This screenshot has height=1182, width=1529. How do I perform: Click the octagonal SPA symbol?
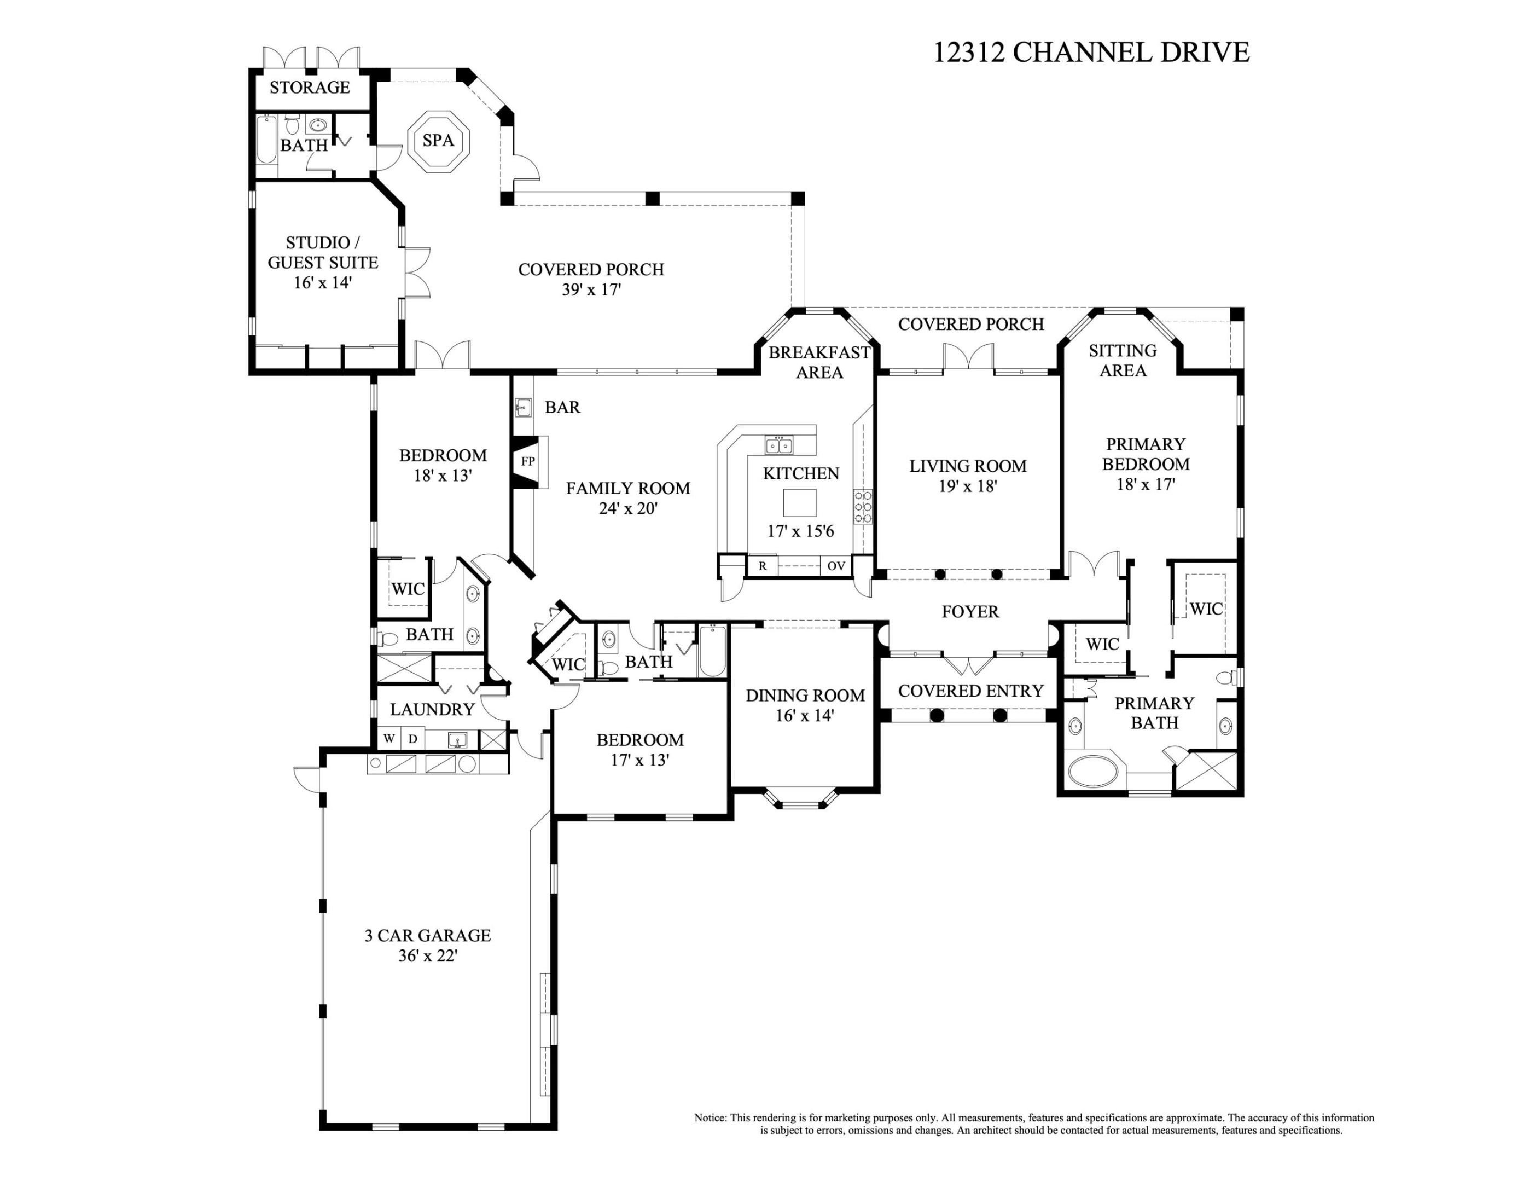(438, 140)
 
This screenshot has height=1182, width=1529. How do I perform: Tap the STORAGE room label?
(310, 88)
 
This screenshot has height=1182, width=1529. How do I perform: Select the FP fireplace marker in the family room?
(528, 461)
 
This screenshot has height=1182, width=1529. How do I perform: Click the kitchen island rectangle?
(799, 503)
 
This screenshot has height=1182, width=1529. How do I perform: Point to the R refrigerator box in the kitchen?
(763, 566)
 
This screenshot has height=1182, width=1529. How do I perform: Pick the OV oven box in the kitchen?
(836, 566)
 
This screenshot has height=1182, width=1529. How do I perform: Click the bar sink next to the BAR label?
(522, 407)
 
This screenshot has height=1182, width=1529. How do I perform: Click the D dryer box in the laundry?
(413, 739)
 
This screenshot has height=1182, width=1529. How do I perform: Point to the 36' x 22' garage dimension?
(427, 956)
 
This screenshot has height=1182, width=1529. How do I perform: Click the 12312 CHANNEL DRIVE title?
(1091, 53)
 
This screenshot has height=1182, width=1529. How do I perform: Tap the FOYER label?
(969, 612)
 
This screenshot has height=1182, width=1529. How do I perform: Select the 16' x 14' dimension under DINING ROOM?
(804, 716)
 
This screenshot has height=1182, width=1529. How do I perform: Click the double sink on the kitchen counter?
(778, 445)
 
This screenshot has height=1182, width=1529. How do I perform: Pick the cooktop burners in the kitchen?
(863, 507)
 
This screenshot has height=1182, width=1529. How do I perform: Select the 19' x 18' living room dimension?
(968, 486)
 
